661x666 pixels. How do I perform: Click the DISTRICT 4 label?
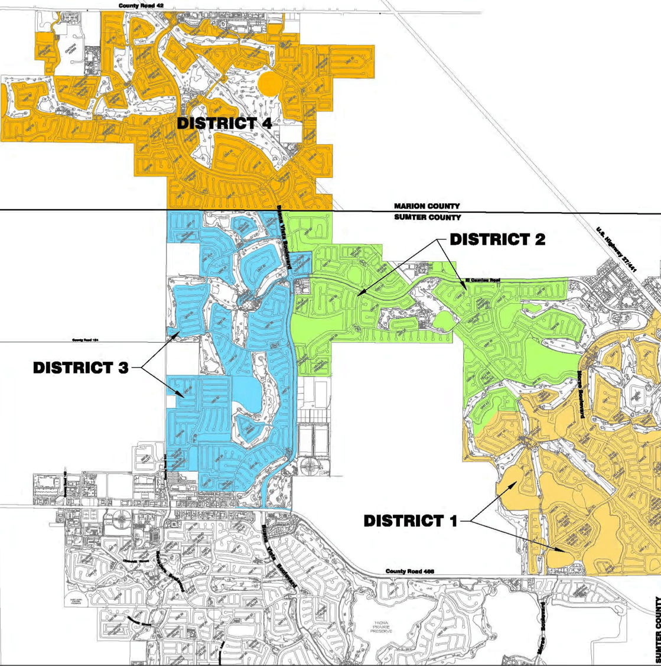click(224, 124)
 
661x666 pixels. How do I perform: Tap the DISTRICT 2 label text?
click(497, 239)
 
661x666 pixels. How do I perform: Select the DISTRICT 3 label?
click(80, 367)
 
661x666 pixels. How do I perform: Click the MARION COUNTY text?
click(427, 206)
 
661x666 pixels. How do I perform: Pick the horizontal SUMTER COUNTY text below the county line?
click(427, 217)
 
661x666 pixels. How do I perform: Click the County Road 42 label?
click(141, 5)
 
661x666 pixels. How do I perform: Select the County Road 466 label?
click(410, 571)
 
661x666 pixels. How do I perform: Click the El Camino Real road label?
click(483, 280)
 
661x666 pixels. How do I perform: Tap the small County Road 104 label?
click(85, 340)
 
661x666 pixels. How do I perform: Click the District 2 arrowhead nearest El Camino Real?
click(465, 289)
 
